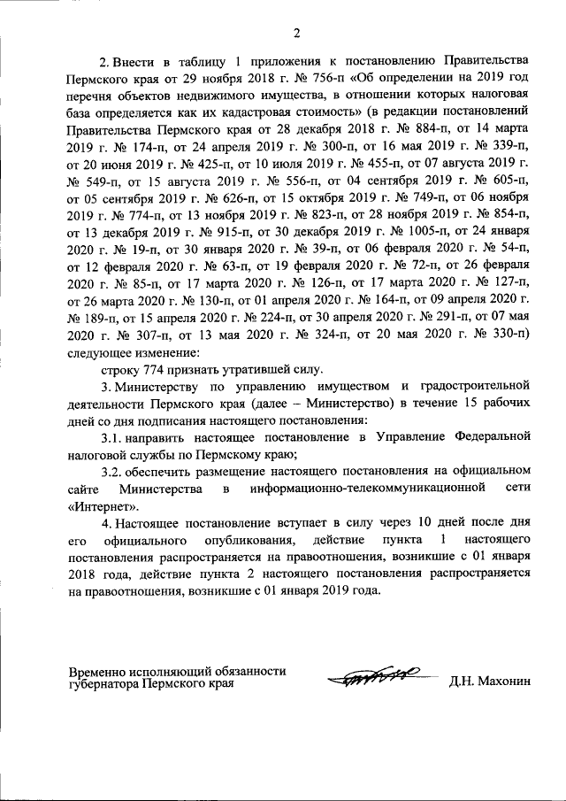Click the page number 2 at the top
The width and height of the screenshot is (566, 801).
[296, 33]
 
